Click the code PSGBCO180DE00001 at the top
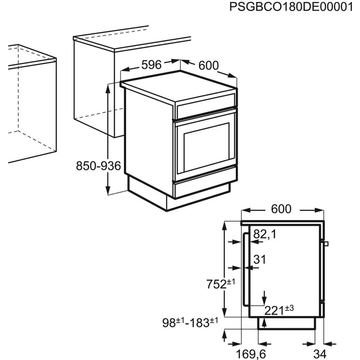(291, 7)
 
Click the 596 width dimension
(152, 65)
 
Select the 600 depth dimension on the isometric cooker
(208, 66)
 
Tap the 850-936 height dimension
(98, 166)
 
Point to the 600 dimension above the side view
(281, 209)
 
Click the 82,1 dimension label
(265, 234)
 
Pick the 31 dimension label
(260, 259)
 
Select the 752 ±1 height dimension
(221, 284)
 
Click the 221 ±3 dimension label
(279, 311)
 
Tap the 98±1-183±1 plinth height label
(190, 322)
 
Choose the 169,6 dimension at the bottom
(251, 354)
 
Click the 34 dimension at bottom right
(320, 354)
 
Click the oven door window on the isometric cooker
(206, 147)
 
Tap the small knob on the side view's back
(326, 244)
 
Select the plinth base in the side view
(287, 323)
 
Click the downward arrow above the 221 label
(265, 298)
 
